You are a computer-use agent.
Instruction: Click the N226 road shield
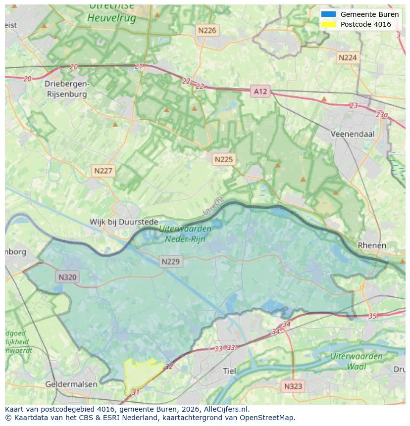tap(207, 31)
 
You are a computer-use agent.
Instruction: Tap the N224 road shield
tap(347, 58)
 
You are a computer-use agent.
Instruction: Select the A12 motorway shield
tap(260, 91)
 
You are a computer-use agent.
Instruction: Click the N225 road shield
tap(223, 159)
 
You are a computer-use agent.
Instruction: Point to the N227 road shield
tap(103, 171)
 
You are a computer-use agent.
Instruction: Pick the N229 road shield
tap(171, 262)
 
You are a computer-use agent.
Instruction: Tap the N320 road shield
tap(67, 277)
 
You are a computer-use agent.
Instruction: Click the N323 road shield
tap(294, 386)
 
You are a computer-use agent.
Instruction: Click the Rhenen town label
tap(371, 245)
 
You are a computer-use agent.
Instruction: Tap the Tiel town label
tap(230, 371)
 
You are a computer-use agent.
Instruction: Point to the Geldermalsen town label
tap(71, 384)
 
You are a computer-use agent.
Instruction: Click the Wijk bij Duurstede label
tap(124, 222)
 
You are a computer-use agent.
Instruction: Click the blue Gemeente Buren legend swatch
tap(328, 14)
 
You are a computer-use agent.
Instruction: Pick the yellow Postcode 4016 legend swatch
tap(328, 24)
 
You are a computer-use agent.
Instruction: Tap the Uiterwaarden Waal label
tap(356, 361)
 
